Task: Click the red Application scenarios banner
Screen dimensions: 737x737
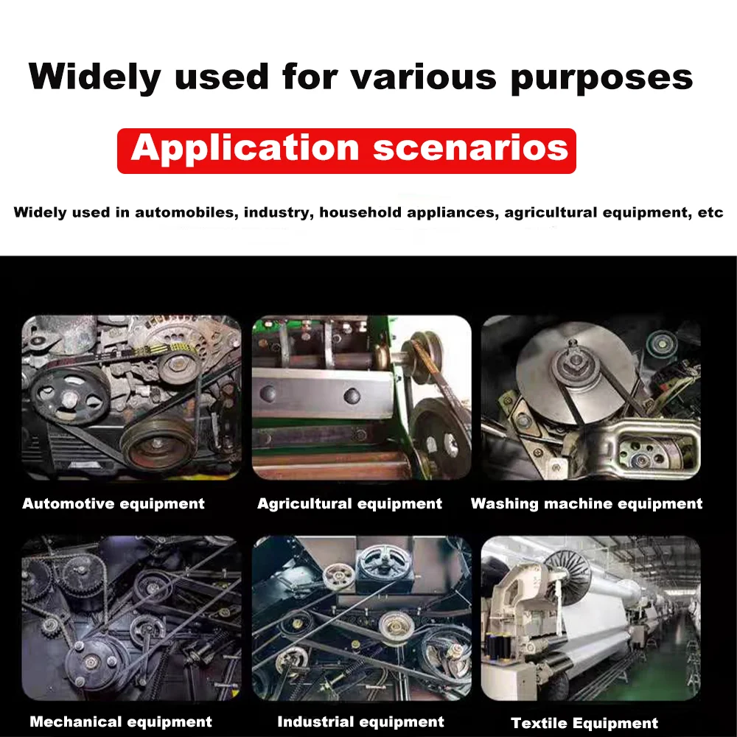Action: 346,150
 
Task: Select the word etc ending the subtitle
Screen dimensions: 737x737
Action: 710,213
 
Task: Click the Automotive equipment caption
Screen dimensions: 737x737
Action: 113,504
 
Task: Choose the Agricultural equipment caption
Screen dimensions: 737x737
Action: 349,504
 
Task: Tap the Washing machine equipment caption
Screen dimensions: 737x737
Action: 587,504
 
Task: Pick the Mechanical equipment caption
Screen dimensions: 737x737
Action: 121,722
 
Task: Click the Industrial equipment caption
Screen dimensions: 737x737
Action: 360,722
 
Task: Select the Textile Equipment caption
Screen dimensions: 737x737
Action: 584,723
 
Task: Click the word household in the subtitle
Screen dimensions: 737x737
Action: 357,213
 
